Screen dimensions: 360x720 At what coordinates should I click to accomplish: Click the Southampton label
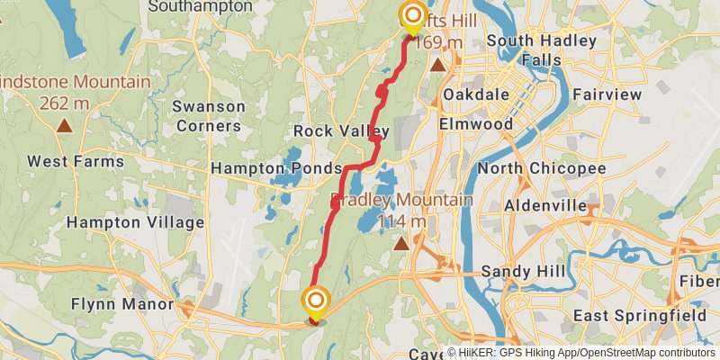200,6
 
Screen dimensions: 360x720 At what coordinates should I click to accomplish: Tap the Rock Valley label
341,131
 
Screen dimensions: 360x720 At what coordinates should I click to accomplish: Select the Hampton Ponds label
276,168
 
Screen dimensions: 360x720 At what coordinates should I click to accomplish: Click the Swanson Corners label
209,116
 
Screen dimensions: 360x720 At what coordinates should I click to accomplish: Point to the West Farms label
68,162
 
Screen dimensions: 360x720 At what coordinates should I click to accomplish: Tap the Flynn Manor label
121,305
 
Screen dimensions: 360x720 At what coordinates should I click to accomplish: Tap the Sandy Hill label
523,272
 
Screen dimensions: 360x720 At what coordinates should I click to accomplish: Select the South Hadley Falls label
536,50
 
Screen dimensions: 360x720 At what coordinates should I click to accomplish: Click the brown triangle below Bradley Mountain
402,242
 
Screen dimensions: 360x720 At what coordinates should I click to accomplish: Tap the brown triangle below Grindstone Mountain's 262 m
64,124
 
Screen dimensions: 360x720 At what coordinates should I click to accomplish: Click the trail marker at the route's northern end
413,15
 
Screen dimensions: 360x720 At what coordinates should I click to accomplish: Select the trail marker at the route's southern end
316,300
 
